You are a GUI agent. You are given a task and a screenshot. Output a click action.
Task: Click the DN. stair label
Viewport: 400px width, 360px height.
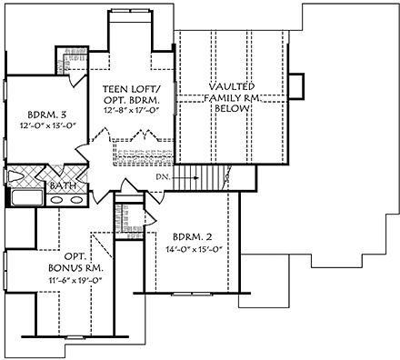point(163,175)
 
